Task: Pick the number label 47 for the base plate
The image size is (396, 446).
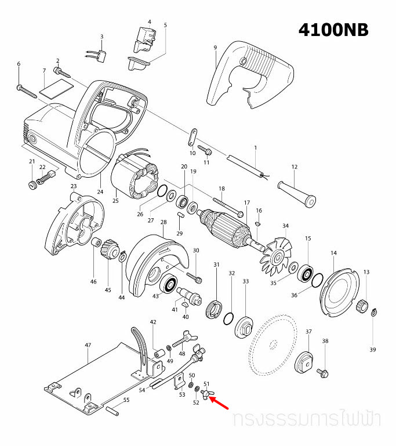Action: click(x=88, y=345)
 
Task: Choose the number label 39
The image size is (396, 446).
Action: click(x=373, y=350)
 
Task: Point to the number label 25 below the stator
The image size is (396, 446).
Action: click(x=115, y=201)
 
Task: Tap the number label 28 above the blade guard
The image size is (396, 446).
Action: click(x=164, y=222)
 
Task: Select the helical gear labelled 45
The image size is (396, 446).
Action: click(x=109, y=253)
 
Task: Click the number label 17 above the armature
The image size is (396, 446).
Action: click(x=246, y=203)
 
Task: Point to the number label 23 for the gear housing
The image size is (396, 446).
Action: click(x=74, y=186)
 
